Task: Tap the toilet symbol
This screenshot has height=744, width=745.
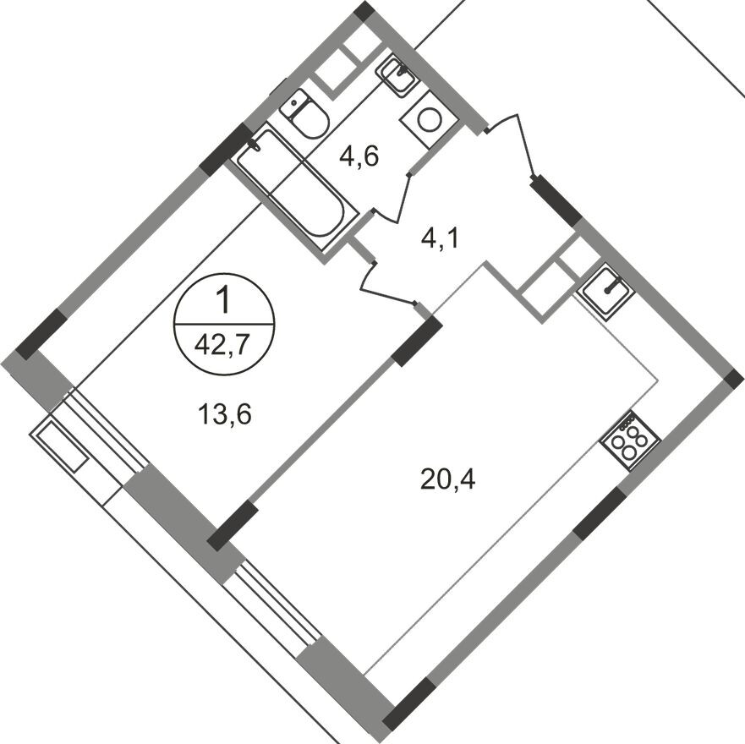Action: pos(306,117)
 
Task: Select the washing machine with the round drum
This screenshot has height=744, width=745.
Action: pos(429,120)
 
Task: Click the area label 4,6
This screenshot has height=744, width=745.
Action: pos(359,156)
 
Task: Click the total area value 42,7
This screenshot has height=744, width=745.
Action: pos(224,345)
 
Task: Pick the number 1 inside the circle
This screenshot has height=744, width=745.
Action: pos(224,300)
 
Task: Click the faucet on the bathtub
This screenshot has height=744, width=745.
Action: pos(253,145)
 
